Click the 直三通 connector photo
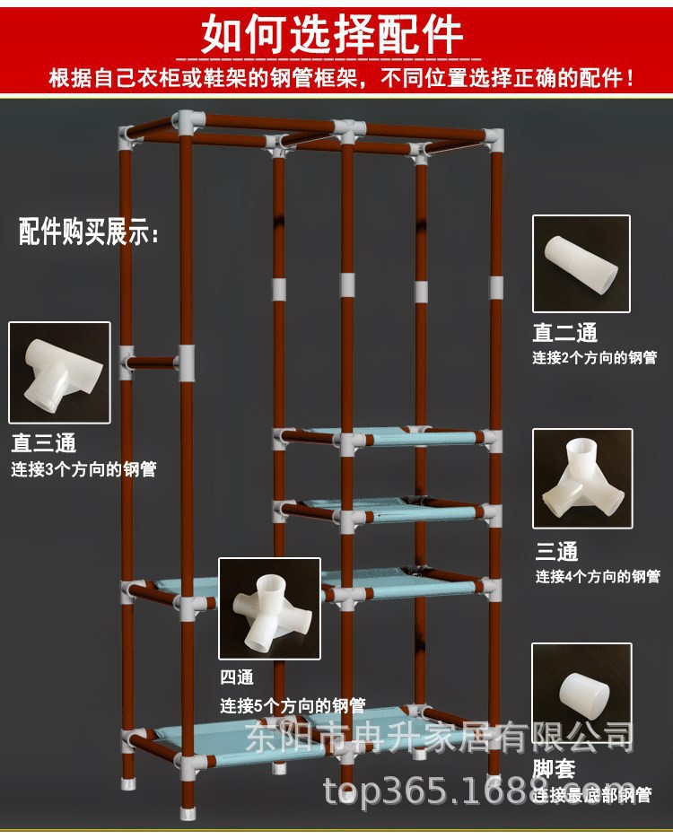[x=59, y=372]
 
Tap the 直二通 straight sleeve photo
[x=581, y=264]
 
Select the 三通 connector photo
[x=582, y=477]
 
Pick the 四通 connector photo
[x=269, y=607]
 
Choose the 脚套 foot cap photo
[x=581, y=693]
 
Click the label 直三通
[x=44, y=442]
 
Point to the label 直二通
[x=564, y=333]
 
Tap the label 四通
[x=238, y=677]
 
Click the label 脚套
[x=554, y=770]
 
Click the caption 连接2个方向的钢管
[x=594, y=358]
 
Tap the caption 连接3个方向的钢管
[x=83, y=468]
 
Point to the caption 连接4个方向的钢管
[x=598, y=576]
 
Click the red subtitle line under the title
[x=342, y=78]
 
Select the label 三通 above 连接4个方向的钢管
[x=556, y=551]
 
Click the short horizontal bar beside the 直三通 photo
[x=151, y=363]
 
